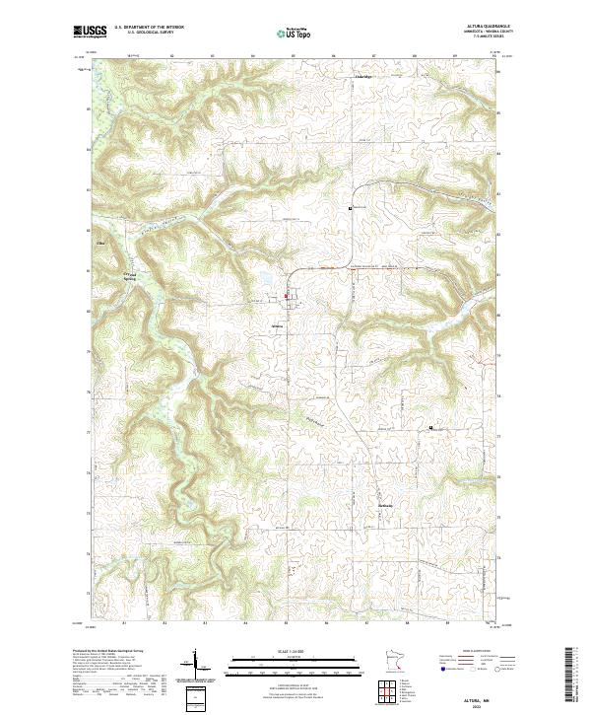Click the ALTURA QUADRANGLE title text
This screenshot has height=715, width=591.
point(482,27)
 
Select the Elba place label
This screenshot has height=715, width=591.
point(98,242)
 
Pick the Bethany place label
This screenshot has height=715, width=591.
point(386,506)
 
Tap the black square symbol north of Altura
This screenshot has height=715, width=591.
point(350,208)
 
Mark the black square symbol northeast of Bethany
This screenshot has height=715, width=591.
point(429,427)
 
